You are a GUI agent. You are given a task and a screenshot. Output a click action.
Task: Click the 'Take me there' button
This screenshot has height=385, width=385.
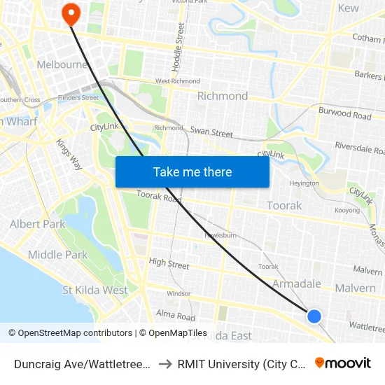coord(192,171)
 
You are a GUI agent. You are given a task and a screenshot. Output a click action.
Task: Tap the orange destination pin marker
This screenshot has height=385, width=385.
coord(71,13)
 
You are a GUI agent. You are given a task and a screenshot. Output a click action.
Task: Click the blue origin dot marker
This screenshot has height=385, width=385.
coord(314,316)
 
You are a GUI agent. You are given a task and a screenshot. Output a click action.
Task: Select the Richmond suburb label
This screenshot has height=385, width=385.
coord(223,96)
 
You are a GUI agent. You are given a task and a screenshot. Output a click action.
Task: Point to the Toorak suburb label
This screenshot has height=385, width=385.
coord(284,206)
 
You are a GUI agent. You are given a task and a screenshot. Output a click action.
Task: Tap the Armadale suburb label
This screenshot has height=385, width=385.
coord(296,283)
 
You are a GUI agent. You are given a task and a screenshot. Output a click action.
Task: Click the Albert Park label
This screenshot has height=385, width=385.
coord(37,224)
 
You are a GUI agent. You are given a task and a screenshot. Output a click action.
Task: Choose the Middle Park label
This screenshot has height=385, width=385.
coord(58,255)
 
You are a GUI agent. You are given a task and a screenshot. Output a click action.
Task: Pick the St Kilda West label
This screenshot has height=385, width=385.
coord(95,290)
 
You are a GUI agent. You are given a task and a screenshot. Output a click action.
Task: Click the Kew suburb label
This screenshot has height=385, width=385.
coord(348,8)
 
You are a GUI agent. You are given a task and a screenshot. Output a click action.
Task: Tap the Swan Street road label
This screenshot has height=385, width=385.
coord(211,132)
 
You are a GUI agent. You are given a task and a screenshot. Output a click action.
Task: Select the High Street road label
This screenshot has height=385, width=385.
coord(169,265)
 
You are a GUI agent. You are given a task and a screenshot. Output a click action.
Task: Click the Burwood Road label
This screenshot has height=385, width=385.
coord(344,114)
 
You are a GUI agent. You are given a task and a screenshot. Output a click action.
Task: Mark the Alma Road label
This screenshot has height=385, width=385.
coord(176,315)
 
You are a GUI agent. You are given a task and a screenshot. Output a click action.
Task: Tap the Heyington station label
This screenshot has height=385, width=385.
coord(304,183)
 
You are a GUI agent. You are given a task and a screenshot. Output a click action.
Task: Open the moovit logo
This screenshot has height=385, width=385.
coord(343,363)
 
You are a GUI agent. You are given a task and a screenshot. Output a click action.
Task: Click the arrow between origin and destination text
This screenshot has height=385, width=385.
coord(166,363)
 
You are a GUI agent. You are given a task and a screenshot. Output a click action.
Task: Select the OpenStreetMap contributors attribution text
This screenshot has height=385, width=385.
coord(75,333)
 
